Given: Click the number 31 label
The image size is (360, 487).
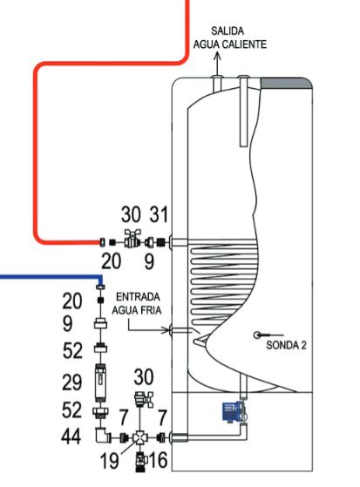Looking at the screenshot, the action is point(159,214).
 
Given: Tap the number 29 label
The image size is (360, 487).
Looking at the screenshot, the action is point(71,382).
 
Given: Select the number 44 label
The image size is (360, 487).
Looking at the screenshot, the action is point(71,436).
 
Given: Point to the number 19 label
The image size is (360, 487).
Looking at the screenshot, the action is point(110,460).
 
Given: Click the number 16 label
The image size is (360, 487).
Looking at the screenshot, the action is point(159,460).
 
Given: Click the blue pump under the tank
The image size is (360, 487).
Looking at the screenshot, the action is point(235,412).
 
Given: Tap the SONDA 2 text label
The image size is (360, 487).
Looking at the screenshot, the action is point(286,345).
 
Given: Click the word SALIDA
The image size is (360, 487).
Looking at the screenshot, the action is point(228,31).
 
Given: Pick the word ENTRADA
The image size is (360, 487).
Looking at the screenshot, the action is point(138,297).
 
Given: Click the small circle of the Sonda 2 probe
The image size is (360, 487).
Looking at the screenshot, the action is point(257,335).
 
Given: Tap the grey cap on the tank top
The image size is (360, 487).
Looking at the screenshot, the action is point(286,84).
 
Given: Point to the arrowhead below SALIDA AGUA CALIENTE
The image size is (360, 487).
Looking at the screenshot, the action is point(217,56).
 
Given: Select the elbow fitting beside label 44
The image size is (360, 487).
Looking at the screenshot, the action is point(102,435).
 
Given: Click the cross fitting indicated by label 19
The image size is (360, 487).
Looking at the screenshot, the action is point(139,437).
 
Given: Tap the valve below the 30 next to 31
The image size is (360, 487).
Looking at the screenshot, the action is point(132,239).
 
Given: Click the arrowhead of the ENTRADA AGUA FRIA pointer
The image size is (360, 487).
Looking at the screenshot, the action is point(167,330).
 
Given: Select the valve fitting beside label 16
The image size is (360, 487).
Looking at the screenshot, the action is point(140,463).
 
